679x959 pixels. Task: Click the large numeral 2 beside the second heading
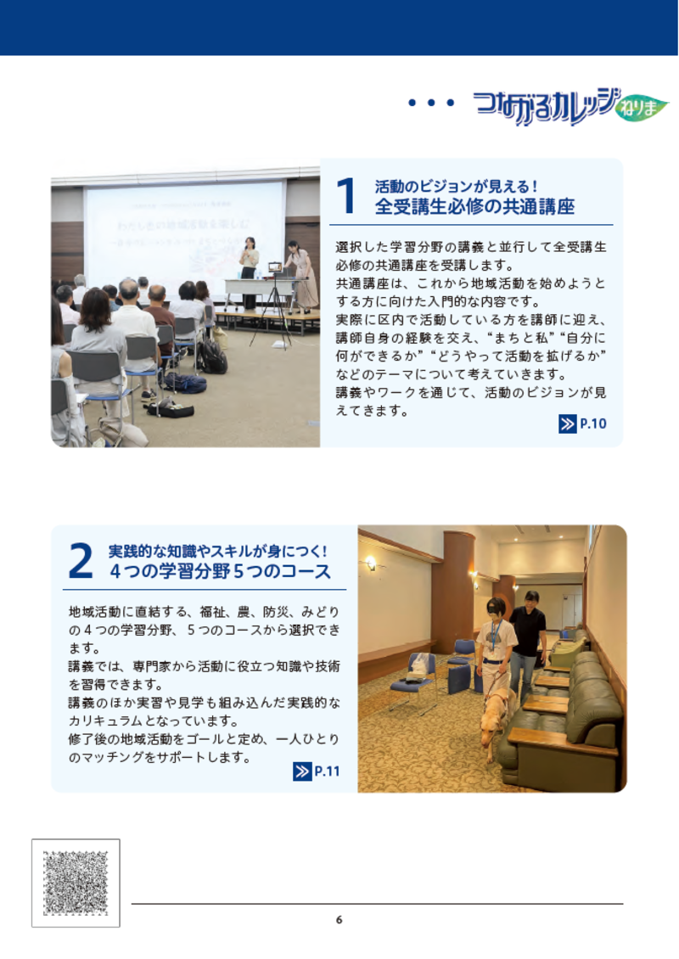click(x=80, y=562)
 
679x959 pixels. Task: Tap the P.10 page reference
click(x=592, y=424)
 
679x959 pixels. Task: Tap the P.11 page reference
click(x=327, y=771)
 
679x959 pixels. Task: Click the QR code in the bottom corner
click(x=76, y=883)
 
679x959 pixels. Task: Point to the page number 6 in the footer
click(x=339, y=920)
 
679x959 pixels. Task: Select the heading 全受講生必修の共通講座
click(x=475, y=207)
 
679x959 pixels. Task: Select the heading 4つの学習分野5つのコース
click(x=220, y=572)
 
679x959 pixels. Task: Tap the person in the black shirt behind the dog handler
click(x=529, y=632)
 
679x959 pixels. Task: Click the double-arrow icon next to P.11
click(x=301, y=771)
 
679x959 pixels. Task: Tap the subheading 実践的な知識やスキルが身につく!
click(x=218, y=551)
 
